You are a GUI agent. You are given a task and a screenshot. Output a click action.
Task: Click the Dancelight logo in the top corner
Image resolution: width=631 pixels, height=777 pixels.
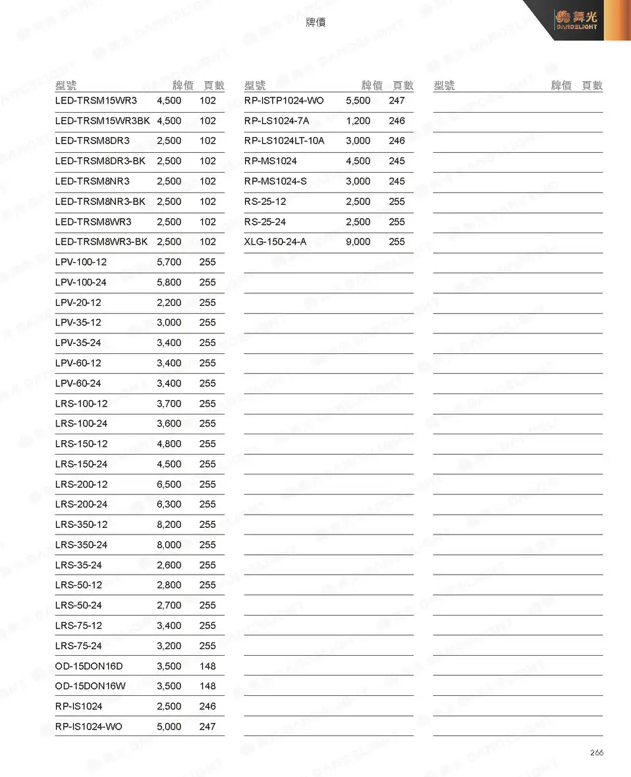pyautogui.click(x=576, y=20)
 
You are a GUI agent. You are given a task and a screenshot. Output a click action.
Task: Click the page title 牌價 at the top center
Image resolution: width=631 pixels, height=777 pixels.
pyautogui.click(x=315, y=23)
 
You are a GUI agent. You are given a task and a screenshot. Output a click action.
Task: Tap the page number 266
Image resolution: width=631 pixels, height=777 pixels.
pyautogui.click(x=596, y=753)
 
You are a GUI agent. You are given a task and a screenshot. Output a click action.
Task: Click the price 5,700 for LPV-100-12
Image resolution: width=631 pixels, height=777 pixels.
pyautogui.click(x=169, y=262)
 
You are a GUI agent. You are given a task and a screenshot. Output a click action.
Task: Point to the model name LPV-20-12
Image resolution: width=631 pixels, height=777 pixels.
pyautogui.click(x=78, y=303)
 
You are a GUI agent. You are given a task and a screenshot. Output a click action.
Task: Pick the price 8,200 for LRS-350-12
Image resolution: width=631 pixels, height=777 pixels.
pyautogui.click(x=169, y=525)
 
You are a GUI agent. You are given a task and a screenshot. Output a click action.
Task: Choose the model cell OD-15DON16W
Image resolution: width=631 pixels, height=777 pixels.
pyautogui.click(x=90, y=686)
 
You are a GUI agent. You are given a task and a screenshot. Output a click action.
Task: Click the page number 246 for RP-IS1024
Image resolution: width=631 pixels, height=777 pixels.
pyautogui.click(x=207, y=706)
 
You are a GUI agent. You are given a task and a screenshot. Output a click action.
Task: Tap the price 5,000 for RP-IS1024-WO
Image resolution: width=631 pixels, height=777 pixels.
pyautogui.click(x=169, y=727)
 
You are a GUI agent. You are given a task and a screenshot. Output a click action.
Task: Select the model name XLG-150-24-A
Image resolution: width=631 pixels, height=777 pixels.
pyautogui.click(x=275, y=242)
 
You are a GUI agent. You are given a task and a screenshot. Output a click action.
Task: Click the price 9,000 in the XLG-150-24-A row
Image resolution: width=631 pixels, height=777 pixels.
pyautogui.click(x=358, y=242)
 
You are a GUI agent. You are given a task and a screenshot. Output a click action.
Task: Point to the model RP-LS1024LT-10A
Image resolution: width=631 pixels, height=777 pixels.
pyautogui.click(x=284, y=141)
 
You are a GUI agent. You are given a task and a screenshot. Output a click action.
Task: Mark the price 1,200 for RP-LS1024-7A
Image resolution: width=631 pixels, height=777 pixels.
pyautogui.click(x=358, y=121)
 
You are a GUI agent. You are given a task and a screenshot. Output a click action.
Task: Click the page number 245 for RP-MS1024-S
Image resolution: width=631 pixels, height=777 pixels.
pyautogui.click(x=397, y=181)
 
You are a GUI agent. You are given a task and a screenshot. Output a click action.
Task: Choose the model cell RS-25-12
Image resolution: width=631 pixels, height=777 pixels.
pyautogui.click(x=265, y=202)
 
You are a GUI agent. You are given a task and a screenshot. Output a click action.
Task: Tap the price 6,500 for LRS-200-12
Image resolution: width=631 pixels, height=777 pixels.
pyautogui.click(x=169, y=484)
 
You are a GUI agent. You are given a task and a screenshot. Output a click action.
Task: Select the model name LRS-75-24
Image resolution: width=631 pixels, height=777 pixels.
pyautogui.click(x=78, y=646)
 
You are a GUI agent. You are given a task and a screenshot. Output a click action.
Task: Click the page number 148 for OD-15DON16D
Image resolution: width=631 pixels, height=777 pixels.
pyautogui.click(x=207, y=666)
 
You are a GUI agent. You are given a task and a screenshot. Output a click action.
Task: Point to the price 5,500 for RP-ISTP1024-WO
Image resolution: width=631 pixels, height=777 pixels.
pyautogui.click(x=358, y=101)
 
